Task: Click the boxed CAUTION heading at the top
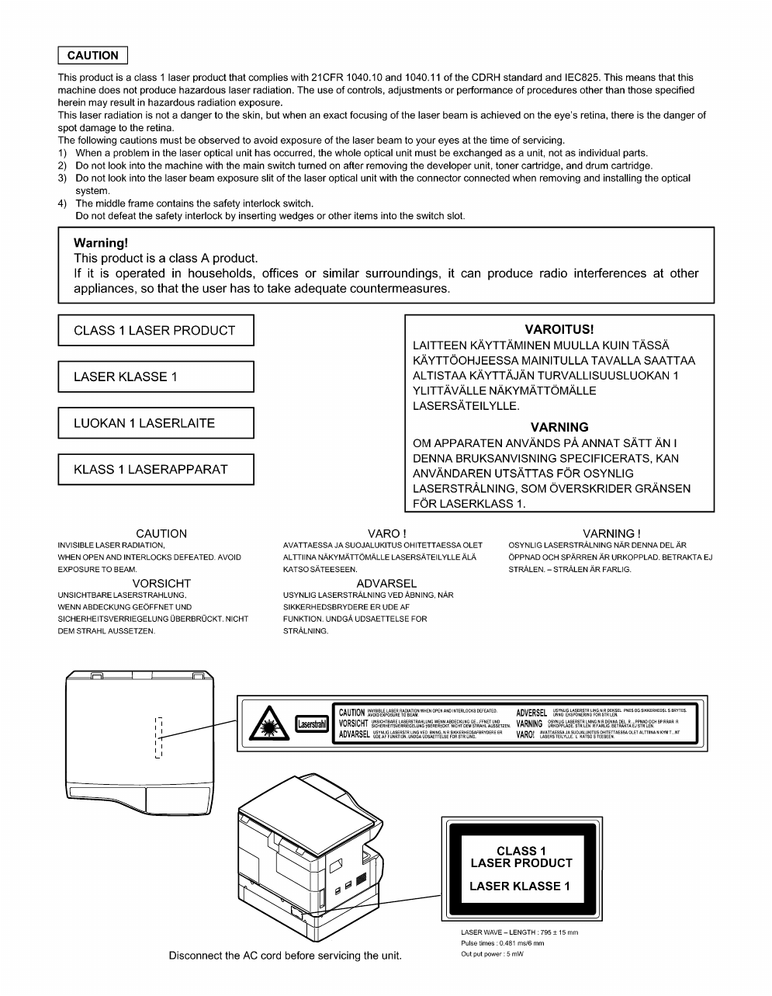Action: [92, 56]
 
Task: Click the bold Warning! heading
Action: [101, 243]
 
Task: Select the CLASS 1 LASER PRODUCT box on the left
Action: [155, 331]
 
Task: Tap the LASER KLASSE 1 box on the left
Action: [155, 377]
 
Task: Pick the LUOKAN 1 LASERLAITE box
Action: [155, 423]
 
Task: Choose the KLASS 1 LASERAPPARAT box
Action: [155, 469]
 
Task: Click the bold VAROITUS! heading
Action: [559, 330]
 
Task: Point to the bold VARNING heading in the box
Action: [559, 427]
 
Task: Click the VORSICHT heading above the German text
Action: [161, 583]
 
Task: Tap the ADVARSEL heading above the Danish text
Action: [386, 583]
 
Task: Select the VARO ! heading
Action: [386, 533]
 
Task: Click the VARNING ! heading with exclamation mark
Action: [611, 533]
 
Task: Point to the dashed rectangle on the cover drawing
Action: [159, 737]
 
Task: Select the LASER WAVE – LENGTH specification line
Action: [519, 932]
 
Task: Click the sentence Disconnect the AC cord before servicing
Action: [286, 955]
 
